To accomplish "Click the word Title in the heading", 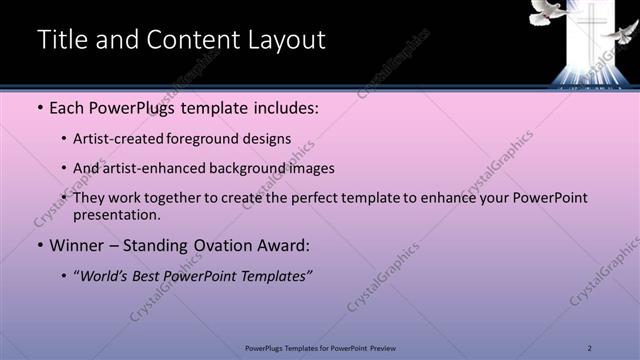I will click(59, 40).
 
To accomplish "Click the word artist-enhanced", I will click(150, 168).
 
